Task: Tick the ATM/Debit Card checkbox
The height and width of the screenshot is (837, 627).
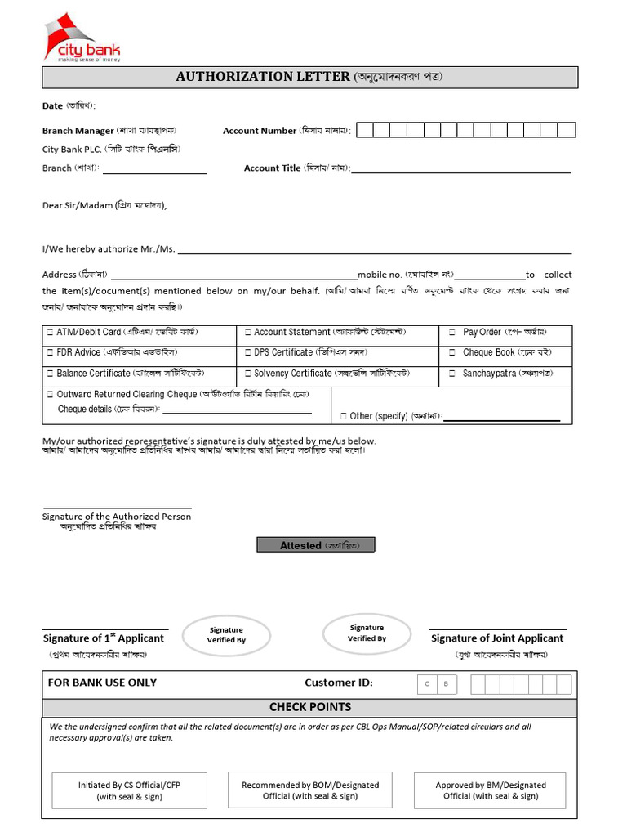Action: [x=50, y=333]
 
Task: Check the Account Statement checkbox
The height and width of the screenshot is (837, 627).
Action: [x=247, y=333]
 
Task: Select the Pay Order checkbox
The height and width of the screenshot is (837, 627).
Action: [x=451, y=333]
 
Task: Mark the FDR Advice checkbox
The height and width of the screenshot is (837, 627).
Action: [x=50, y=353]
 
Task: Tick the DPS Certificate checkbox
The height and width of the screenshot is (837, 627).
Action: [x=247, y=353]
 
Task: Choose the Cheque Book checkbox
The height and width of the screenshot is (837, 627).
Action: [x=451, y=353]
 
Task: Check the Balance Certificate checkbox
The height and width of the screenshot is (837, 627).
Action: [x=50, y=374]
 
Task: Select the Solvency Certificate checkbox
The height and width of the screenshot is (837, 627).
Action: [x=247, y=374]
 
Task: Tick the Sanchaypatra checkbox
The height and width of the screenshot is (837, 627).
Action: [x=451, y=374]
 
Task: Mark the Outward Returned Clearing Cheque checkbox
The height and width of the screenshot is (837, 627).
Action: [x=50, y=395]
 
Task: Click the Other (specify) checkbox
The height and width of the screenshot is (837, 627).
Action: [x=343, y=416]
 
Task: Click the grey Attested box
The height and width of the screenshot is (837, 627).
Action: [x=316, y=545]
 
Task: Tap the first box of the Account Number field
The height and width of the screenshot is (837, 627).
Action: [x=365, y=130]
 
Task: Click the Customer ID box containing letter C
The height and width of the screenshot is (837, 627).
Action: [x=427, y=685]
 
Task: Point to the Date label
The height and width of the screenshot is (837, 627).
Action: [x=52, y=106]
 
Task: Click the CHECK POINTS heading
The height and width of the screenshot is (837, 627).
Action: [x=310, y=707]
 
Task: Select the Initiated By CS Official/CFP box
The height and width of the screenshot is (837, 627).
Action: [x=129, y=790]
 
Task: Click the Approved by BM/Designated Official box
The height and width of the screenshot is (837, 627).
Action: [x=491, y=790]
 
